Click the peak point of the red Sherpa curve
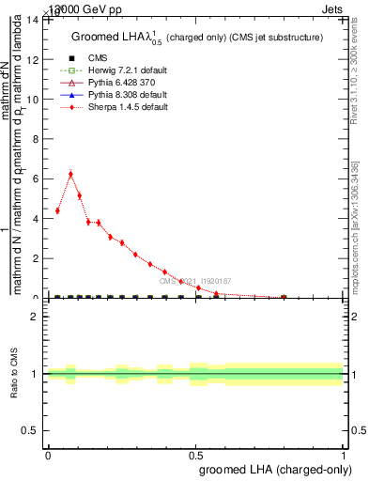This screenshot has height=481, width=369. [70, 174]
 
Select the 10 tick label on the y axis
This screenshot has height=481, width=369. [36, 99]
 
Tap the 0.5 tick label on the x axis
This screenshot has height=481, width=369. [195, 454]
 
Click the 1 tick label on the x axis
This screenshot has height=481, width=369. [344, 454]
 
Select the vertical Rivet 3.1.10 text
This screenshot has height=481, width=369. [354, 84]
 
